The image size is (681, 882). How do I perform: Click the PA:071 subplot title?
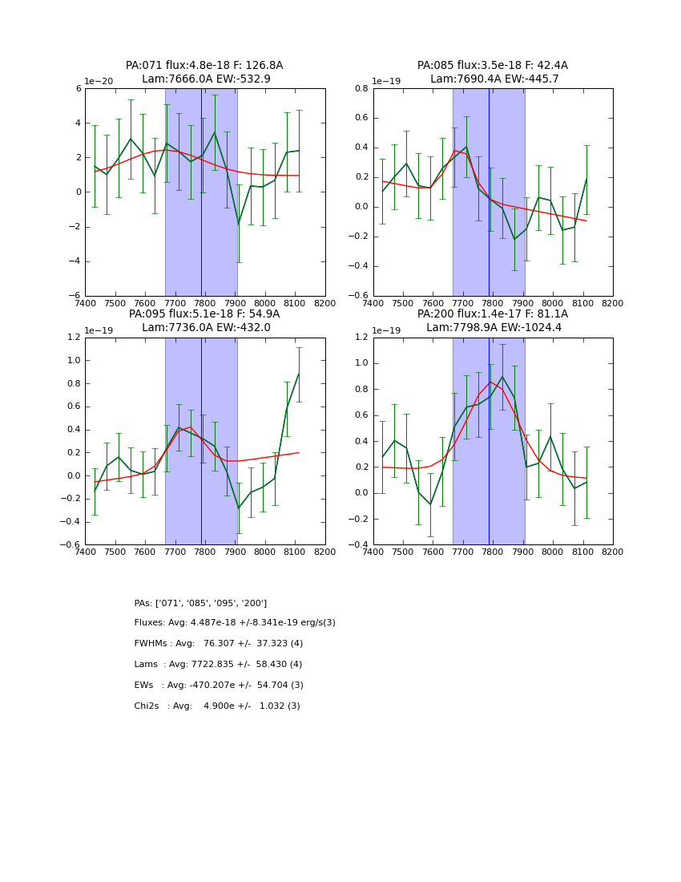(204, 66)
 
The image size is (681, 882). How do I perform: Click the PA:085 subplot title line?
(493, 66)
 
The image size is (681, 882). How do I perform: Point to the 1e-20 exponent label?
(99, 82)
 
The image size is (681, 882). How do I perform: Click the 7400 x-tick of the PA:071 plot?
(85, 304)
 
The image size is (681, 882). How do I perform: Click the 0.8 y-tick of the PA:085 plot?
(361, 89)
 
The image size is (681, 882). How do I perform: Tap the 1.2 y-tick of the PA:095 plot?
(72, 338)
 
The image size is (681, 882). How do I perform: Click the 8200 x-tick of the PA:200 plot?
(613, 552)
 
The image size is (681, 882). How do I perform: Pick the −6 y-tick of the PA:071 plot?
(76, 296)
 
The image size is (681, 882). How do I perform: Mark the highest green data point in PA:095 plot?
(299, 374)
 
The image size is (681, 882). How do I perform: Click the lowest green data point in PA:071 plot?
(238, 224)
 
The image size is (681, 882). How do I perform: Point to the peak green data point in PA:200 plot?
(502, 376)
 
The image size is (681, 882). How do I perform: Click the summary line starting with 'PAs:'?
(200, 603)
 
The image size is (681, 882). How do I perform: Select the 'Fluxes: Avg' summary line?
(235, 623)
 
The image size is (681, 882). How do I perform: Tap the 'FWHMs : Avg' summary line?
(219, 644)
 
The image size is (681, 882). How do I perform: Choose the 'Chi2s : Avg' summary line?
(217, 706)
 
